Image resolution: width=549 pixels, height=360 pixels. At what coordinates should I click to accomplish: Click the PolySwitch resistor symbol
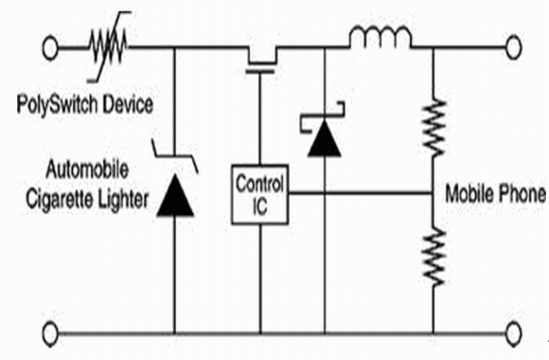click(x=108, y=47)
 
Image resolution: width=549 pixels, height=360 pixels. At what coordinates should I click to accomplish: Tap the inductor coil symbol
click(x=381, y=36)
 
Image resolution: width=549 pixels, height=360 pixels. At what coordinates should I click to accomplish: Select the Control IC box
click(x=259, y=194)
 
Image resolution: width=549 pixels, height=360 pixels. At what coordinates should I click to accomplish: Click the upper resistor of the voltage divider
click(x=434, y=128)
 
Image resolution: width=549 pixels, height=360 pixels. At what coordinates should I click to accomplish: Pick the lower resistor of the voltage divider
click(x=434, y=257)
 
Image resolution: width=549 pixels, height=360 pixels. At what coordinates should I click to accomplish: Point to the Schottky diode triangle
click(x=325, y=137)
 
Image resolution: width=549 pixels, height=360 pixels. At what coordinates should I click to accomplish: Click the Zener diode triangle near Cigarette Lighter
click(x=175, y=195)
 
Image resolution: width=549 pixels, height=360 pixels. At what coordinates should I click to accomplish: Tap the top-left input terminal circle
click(x=50, y=47)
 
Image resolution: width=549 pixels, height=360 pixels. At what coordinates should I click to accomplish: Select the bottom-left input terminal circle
click(x=50, y=333)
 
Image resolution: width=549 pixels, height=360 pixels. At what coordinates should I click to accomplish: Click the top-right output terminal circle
click(x=513, y=47)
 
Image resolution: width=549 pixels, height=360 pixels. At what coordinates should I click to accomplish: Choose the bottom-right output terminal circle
click(x=514, y=333)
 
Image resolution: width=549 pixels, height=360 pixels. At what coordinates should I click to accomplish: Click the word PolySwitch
click(x=57, y=105)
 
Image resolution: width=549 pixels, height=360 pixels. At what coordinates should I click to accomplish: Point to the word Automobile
click(x=87, y=170)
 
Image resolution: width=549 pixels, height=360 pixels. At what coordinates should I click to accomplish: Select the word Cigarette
click(x=60, y=200)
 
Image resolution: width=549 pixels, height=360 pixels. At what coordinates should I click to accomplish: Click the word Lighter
click(x=122, y=201)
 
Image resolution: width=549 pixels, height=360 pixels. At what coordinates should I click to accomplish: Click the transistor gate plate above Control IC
click(x=259, y=71)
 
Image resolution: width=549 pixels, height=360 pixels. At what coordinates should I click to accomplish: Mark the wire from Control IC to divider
click(x=361, y=193)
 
